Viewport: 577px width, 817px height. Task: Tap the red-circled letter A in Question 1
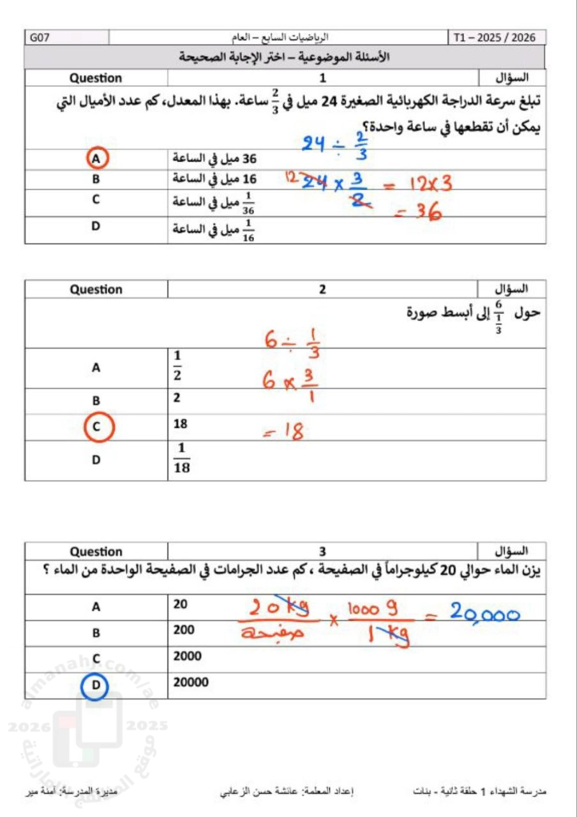click(x=96, y=158)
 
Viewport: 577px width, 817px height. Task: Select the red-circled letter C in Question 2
click(x=96, y=426)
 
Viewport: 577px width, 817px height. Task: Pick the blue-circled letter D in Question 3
click(x=96, y=685)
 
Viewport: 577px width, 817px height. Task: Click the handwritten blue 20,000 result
click(x=483, y=613)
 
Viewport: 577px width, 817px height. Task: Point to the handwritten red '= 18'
click(x=283, y=433)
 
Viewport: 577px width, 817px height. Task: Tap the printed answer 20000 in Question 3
click(x=191, y=682)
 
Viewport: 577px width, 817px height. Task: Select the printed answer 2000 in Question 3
click(x=188, y=656)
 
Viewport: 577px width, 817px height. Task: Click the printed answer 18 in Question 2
click(x=181, y=424)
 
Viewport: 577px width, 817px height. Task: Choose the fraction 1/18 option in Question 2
click(x=182, y=460)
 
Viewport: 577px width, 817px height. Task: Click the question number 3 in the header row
click(x=322, y=551)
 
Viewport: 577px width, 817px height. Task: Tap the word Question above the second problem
click(x=96, y=289)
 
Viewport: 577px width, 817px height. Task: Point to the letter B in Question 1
click(x=96, y=179)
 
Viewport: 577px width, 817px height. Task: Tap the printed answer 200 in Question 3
click(x=184, y=630)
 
